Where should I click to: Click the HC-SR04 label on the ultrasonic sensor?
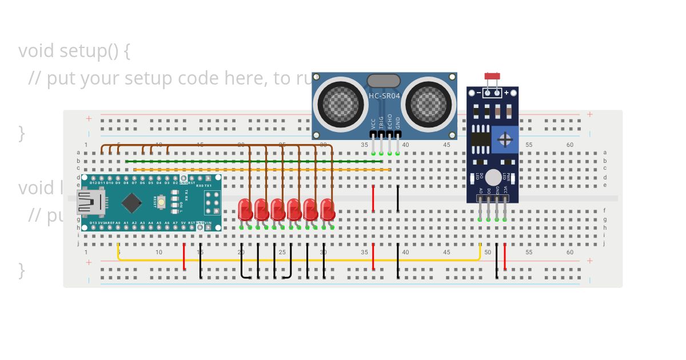tap(384, 96)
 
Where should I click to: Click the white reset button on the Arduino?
tap(162, 202)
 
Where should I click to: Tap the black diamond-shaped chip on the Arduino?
tap(132, 202)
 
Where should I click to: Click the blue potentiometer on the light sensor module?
tap(505, 139)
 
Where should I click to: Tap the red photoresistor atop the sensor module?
tap(492, 76)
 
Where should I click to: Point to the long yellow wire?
tap(297, 260)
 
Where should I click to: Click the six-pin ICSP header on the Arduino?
tap(213, 202)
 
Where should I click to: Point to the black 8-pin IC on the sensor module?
tap(480, 139)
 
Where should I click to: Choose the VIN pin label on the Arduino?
tap(209, 222)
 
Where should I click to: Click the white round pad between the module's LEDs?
tap(493, 178)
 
